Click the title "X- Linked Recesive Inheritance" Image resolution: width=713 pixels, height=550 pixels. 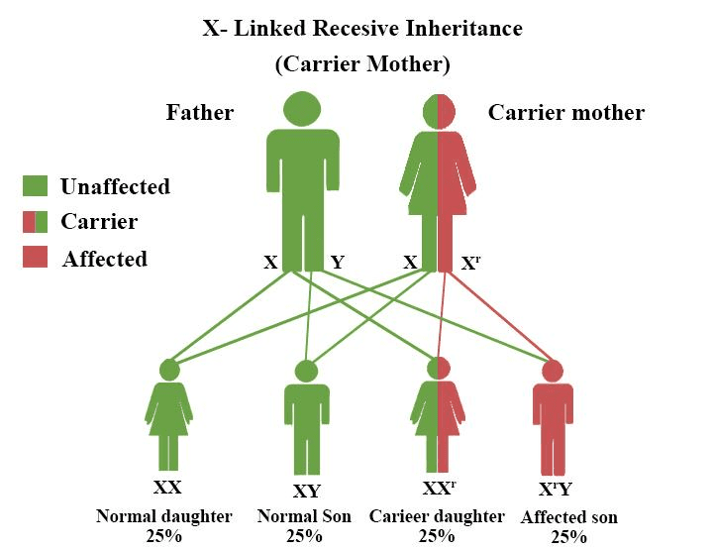tap(361, 28)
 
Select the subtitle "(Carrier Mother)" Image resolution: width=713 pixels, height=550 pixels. tap(362, 65)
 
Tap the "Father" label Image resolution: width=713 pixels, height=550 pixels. tap(200, 112)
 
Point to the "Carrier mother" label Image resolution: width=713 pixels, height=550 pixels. tap(566, 112)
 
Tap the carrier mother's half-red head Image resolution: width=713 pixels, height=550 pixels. tap(437, 108)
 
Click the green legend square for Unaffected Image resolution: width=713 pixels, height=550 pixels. tap(35, 186)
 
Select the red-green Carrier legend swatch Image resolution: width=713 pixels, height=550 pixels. tap(35, 221)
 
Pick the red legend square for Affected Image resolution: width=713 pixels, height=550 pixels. tap(35, 258)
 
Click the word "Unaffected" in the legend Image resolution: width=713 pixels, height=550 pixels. tap(115, 186)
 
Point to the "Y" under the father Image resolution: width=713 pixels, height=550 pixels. tap(338, 263)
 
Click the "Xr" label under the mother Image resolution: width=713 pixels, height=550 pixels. tap(472, 264)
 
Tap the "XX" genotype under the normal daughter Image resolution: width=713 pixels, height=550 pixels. tap(167, 487)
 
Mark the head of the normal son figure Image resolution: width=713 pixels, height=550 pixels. tap(306, 372)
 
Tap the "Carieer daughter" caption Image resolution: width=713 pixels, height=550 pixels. tap(437, 516)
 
